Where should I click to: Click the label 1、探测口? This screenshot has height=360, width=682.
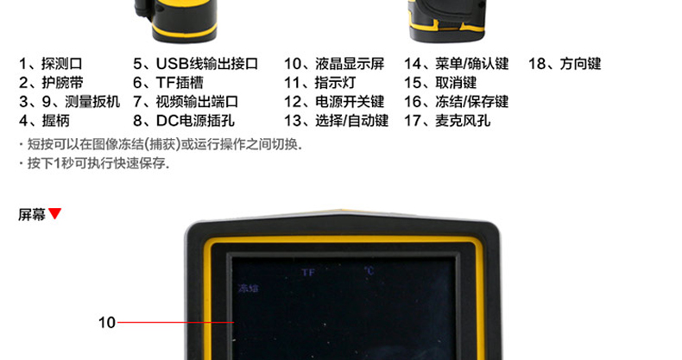coord(51,64)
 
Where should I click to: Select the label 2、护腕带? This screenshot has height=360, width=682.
coord(51,83)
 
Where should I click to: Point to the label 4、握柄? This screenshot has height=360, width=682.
coord(43,121)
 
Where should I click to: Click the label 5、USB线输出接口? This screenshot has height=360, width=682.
coord(195,64)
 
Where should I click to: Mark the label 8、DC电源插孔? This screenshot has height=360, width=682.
coord(183,121)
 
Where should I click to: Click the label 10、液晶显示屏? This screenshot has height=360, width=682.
coord(334,64)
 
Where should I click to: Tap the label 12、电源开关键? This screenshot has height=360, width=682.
coord(334,102)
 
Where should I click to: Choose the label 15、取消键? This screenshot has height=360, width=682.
coord(439,83)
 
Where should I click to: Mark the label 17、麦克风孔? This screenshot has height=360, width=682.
coord(447,121)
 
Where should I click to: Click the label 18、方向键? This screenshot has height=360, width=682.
coord(564,64)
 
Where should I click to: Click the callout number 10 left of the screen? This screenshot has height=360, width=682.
coord(106,323)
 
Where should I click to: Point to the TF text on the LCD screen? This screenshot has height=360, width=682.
coord(308,272)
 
